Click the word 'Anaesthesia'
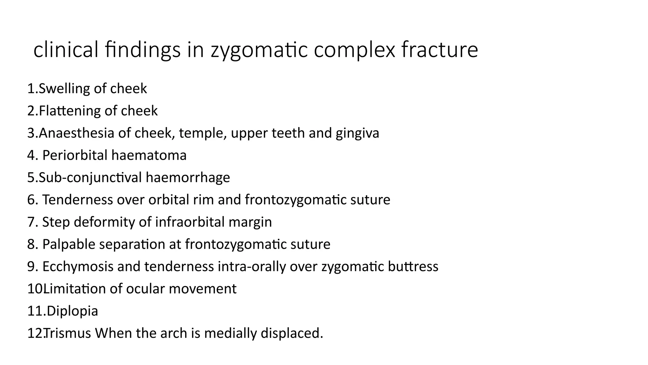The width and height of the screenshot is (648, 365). (x=76, y=133)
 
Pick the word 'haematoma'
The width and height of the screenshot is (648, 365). (x=149, y=155)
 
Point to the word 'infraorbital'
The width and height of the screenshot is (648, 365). (x=190, y=222)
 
